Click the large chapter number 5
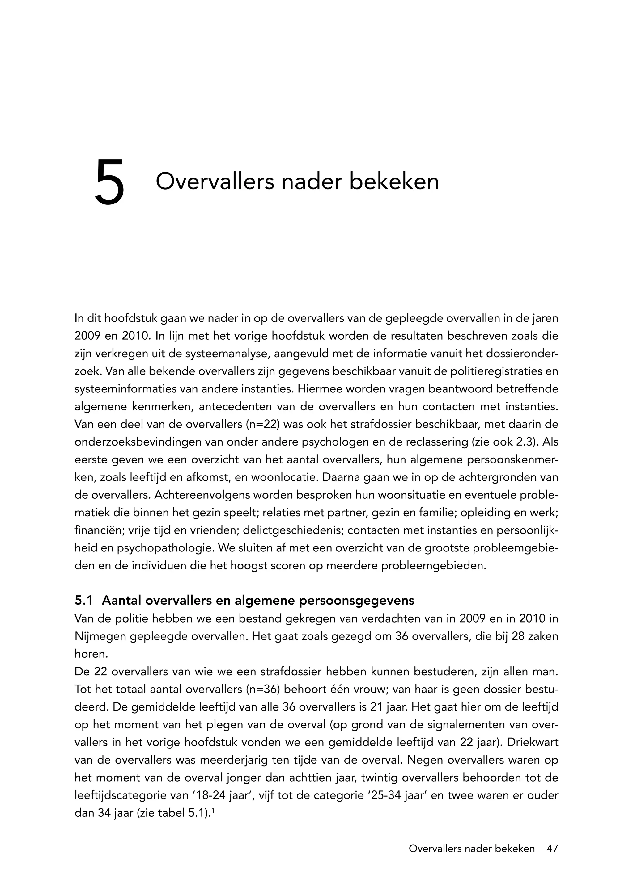pos(109,182)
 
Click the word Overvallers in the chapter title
pos(215,182)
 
